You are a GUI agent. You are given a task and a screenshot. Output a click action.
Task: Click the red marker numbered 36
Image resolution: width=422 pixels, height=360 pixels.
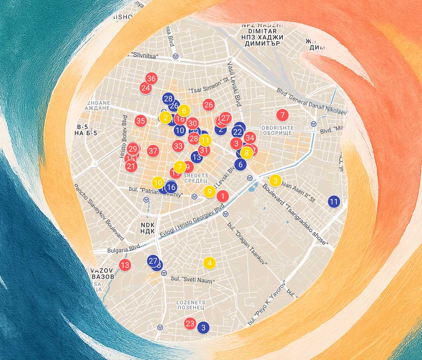pyautogui.click(x=151, y=79)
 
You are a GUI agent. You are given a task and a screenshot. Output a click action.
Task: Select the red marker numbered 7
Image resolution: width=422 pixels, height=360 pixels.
pyautogui.click(x=282, y=115)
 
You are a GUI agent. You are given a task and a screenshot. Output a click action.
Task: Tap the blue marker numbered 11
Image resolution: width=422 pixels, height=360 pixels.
pyautogui.click(x=334, y=202)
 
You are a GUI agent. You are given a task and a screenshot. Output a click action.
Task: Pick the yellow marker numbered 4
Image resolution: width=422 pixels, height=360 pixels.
pyautogui.click(x=209, y=263)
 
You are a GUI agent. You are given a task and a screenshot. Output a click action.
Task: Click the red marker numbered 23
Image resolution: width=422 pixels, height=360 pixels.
pyautogui.click(x=190, y=323)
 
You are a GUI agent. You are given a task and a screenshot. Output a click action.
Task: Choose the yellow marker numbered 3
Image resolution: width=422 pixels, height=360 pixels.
pyautogui.click(x=275, y=180)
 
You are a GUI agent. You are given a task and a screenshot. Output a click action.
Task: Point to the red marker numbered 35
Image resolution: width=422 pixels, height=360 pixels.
pyautogui.click(x=141, y=121)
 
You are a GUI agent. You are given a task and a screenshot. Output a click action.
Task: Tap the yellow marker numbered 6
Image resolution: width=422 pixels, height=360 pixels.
pyautogui.click(x=184, y=110)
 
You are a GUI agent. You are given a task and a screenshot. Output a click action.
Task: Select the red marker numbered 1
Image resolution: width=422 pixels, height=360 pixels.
pyautogui.click(x=223, y=196)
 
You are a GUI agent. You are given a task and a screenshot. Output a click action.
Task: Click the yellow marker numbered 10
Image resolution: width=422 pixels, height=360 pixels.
pyautogui.click(x=158, y=182)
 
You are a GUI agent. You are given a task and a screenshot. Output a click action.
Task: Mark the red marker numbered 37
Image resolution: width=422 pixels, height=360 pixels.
pyautogui.click(x=153, y=151)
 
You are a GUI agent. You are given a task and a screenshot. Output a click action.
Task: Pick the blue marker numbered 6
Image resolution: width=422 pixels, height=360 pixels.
pyautogui.click(x=240, y=164)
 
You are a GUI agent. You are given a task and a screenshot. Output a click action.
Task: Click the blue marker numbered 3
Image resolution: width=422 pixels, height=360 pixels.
pyautogui.click(x=203, y=328)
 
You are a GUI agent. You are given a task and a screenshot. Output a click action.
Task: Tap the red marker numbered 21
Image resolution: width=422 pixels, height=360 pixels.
pyautogui.click(x=131, y=166)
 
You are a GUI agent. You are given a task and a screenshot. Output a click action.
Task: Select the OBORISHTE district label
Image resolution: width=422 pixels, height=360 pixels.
pyautogui.click(x=277, y=130)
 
